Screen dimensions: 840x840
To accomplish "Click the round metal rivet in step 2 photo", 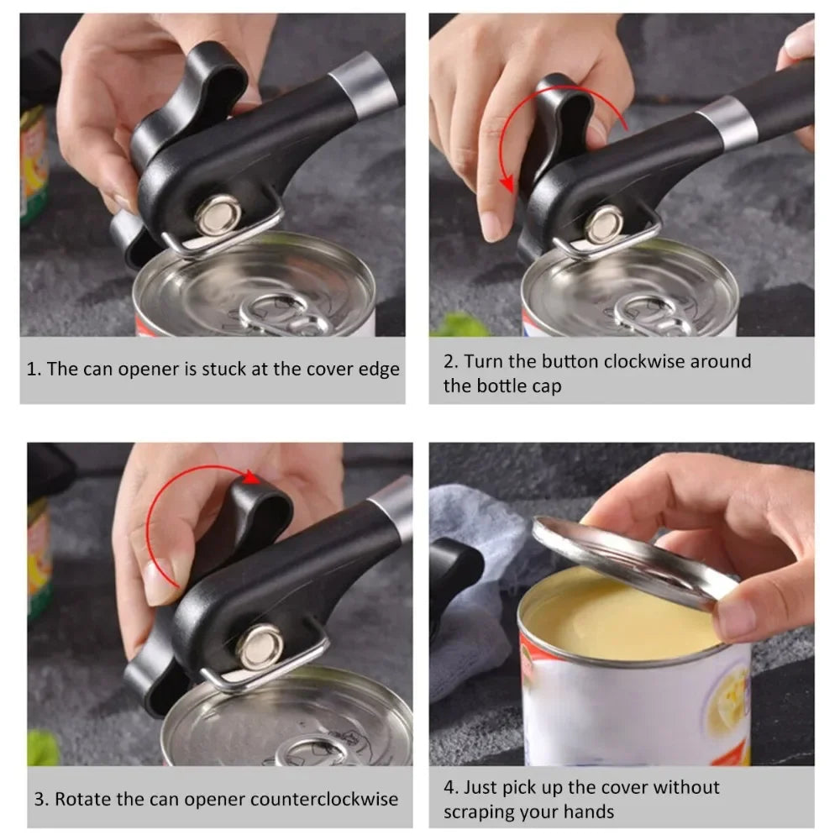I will coord(603,224).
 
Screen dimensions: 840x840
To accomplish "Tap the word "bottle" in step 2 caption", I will coord(501,386).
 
